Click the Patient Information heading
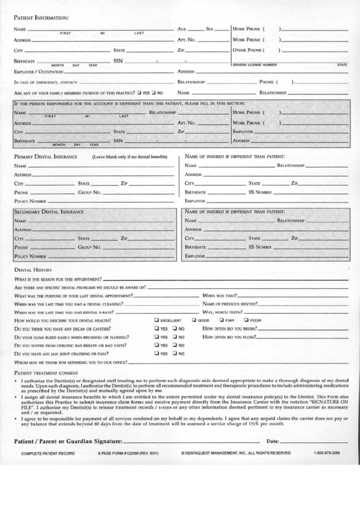pyautogui.click(x=40, y=16)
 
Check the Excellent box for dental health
pyautogui.click(x=157, y=319)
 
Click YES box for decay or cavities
pyautogui.click(x=157, y=328)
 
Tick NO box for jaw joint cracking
pyautogui.click(x=175, y=353)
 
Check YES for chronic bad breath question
pyautogui.click(x=157, y=345)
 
